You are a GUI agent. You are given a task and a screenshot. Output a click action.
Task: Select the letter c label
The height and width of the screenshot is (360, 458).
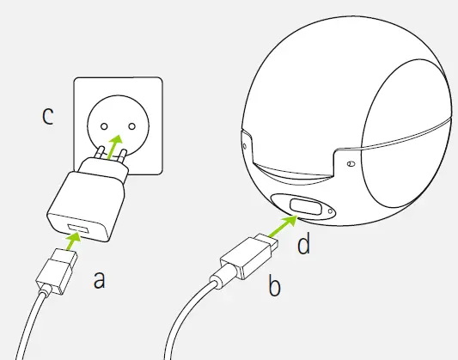click(x=48, y=116)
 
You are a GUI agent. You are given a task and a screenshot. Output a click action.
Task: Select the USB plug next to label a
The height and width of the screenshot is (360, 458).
click(x=60, y=265)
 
